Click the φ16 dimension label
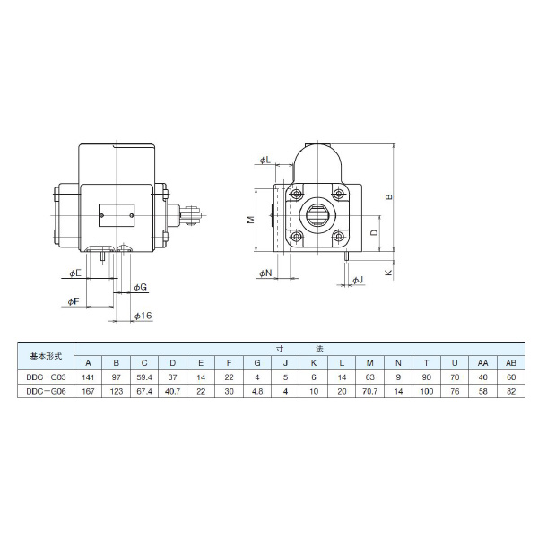point(142,316)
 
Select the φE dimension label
point(75,272)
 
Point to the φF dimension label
point(74,303)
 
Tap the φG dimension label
point(140,286)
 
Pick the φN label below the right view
point(265,272)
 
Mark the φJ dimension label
point(357,281)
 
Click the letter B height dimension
point(388,196)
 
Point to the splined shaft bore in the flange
point(318,215)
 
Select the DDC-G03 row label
point(46,377)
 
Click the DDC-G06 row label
point(46,392)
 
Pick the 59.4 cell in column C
point(143,377)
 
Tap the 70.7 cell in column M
point(369,392)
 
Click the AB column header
point(511,362)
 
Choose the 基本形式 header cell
point(46,355)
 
